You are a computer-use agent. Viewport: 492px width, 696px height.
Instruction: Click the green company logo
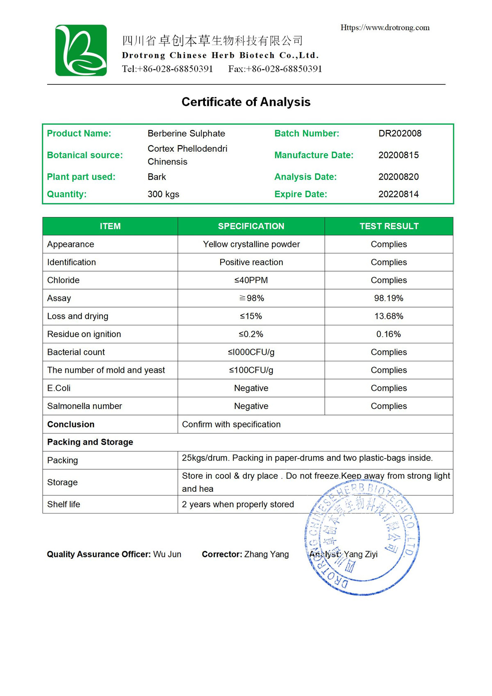(81, 50)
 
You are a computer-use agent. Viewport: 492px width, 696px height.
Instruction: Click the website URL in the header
(385, 27)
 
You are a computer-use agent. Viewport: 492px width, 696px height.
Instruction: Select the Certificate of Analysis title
(246, 102)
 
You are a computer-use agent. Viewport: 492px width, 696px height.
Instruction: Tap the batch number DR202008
(400, 133)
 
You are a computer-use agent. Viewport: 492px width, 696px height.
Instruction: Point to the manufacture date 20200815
(399, 155)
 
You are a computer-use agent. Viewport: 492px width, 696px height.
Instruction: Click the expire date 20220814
(399, 194)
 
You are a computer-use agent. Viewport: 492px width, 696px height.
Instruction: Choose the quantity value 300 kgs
(163, 194)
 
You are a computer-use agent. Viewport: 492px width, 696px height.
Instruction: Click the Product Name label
(79, 133)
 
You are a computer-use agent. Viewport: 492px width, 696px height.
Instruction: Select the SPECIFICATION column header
(251, 226)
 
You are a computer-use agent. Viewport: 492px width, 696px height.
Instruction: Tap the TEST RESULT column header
(389, 226)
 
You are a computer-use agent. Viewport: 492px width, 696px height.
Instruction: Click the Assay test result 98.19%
(389, 298)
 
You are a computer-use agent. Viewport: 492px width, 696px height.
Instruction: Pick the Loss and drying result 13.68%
(389, 316)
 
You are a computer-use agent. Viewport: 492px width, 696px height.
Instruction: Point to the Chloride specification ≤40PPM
(251, 280)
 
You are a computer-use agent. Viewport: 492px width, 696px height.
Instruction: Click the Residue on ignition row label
(84, 334)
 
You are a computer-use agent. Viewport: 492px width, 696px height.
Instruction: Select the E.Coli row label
(59, 388)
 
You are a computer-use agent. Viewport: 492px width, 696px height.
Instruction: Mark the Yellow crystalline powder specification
(251, 244)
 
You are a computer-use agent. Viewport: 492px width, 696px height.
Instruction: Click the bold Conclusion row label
(71, 424)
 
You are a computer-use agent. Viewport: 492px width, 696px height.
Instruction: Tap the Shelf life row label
(64, 504)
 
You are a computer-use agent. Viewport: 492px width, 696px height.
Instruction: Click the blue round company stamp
(362, 537)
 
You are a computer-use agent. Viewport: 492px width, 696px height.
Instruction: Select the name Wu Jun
(167, 554)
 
